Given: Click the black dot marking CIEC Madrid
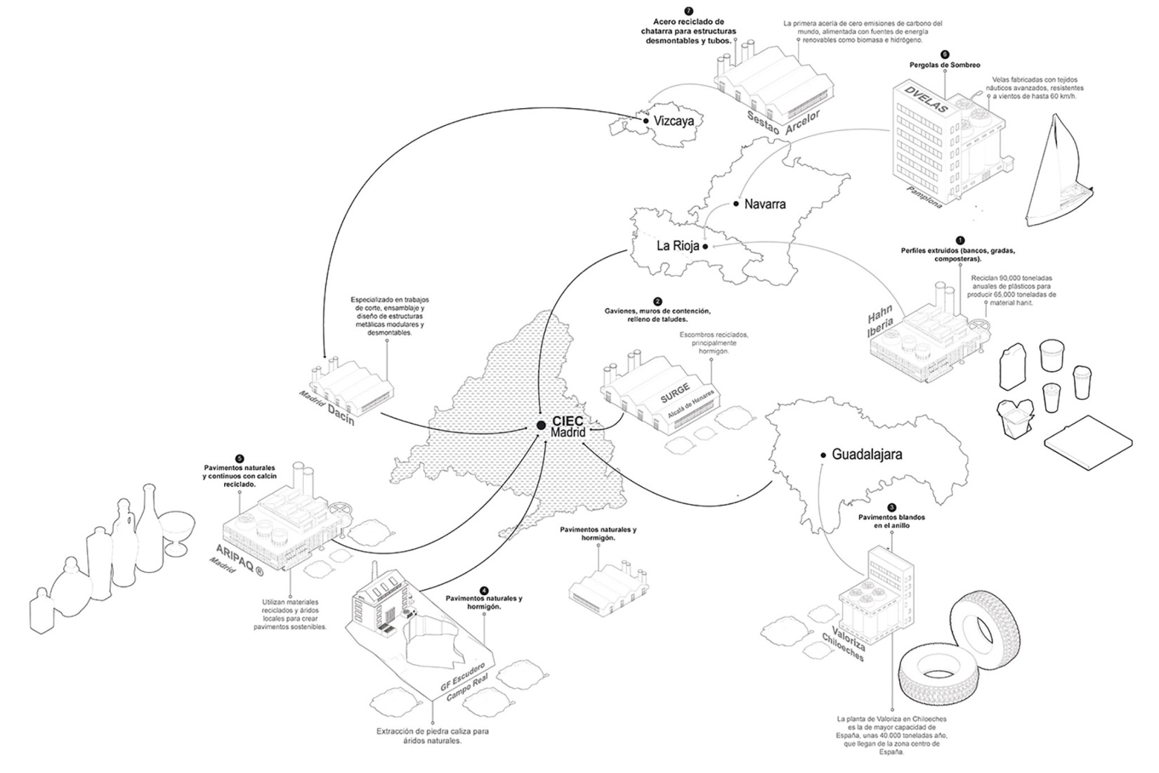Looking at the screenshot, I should tap(541, 425).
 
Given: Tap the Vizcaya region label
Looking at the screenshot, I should tap(674, 121).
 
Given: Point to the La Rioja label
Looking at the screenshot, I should tap(677, 246).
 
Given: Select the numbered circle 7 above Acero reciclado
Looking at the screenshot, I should tap(688, 11).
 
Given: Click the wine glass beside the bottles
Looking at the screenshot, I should tap(176, 530).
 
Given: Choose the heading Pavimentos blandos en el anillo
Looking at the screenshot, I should tap(891, 521).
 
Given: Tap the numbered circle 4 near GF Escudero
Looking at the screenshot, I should tap(484, 590).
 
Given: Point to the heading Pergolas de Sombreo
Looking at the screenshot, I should tap(944, 65).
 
